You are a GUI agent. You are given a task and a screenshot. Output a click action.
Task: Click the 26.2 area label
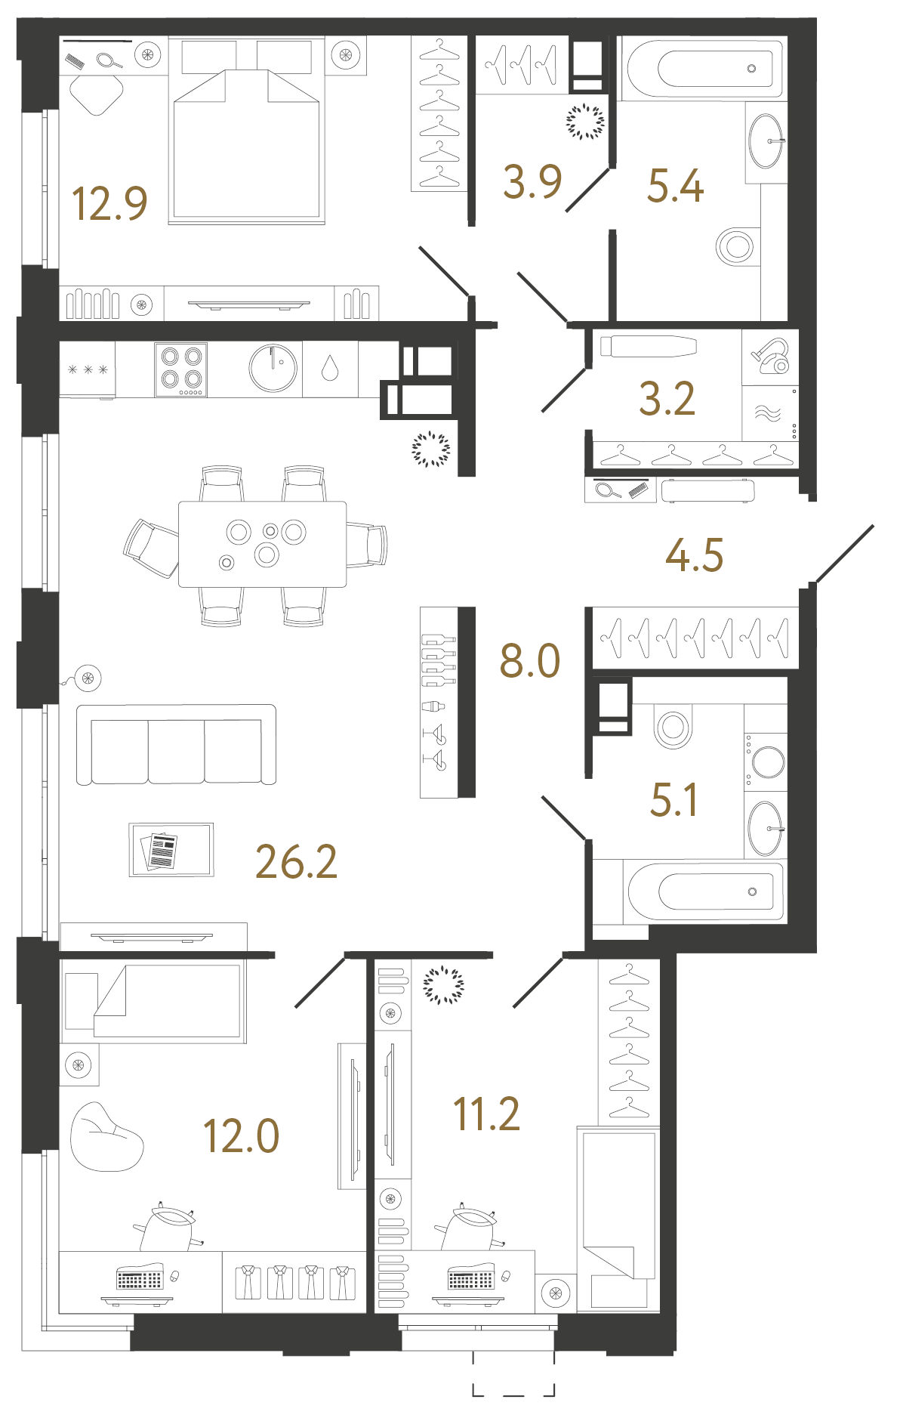click(x=296, y=862)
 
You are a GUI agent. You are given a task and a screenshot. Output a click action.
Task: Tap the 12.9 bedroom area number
click(x=109, y=204)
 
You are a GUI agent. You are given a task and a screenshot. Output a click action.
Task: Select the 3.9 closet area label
click(x=532, y=182)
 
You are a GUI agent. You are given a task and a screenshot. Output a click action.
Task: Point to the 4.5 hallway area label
click(x=694, y=555)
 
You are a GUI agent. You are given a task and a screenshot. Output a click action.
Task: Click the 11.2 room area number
click(x=486, y=1114)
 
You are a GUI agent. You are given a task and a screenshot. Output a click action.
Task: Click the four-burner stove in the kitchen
click(x=181, y=369)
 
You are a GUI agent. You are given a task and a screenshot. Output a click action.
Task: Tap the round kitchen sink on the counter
click(x=273, y=368)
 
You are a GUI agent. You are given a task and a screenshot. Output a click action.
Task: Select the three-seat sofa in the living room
click(x=176, y=745)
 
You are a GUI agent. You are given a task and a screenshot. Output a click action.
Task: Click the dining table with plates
click(x=262, y=544)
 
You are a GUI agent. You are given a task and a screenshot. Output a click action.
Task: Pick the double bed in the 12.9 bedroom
click(x=247, y=144)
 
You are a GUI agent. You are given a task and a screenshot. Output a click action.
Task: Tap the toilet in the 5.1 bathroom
click(x=673, y=727)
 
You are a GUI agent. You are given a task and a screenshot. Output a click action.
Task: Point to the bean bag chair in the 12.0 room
click(x=105, y=1138)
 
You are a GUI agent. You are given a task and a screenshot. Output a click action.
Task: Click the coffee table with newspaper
click(x=171, y=850)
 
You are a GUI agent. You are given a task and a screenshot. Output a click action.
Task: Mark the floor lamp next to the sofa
click(x=88, y=678)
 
